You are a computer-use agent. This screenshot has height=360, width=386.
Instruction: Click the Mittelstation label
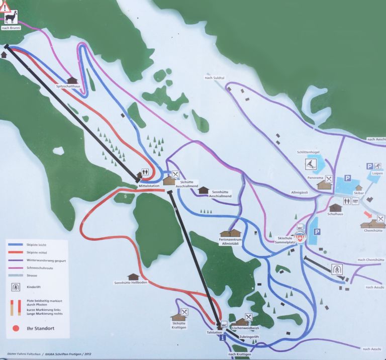coord(149,186)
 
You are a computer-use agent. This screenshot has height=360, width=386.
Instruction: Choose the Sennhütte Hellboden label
coord(130,283)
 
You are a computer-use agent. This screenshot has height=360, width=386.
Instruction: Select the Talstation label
coord(214,332)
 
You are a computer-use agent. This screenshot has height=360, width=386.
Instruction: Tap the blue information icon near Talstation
coord(223,338)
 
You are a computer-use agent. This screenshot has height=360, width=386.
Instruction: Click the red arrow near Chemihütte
coord(368,215)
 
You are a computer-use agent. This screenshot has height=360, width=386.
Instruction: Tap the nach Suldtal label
coord(214,77)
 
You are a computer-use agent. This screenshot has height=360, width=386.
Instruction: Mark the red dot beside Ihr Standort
coord(15,330)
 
